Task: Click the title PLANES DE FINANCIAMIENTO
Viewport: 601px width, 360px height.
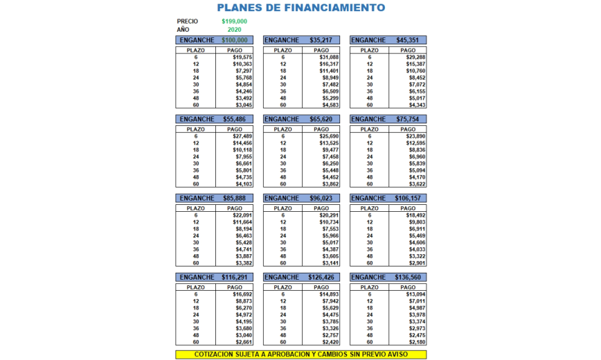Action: [301, 8]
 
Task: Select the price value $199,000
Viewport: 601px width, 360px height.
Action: [234, 21]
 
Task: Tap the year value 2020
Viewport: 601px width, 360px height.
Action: [234, 30]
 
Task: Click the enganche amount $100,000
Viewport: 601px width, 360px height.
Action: [235, 40]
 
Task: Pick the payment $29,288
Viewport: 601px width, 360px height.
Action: [415, 57]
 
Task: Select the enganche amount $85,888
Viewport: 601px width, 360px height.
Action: [235, 198]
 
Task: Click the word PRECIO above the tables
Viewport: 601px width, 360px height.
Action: [188, 21]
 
